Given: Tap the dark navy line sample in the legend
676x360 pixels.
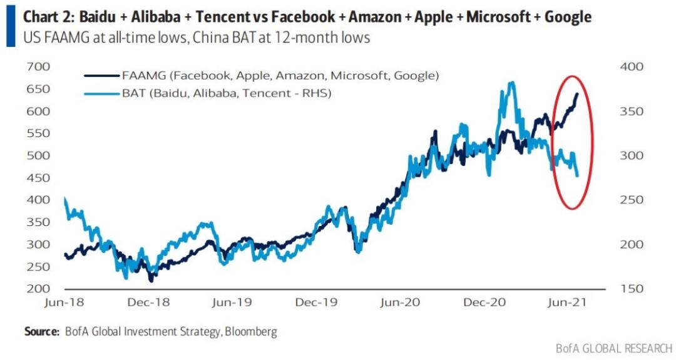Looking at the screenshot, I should click(100, 76).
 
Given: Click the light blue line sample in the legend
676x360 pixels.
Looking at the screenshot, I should click(100, 94).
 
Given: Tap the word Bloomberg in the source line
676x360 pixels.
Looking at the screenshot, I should click(250, 331).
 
